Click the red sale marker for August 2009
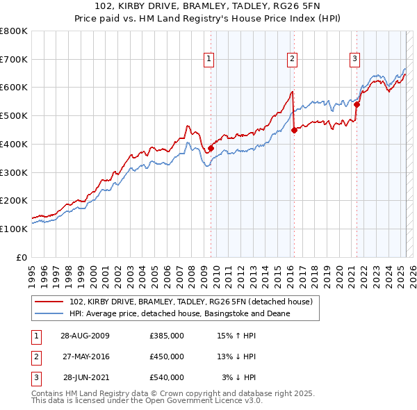211,147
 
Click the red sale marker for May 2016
294,129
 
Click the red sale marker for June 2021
357,104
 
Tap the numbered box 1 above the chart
208,60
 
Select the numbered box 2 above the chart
292,60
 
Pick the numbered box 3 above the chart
354,60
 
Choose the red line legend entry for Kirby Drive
191,302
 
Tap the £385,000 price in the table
166,336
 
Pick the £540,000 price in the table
166,377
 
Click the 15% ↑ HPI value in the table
236,336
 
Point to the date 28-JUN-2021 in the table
85,377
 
